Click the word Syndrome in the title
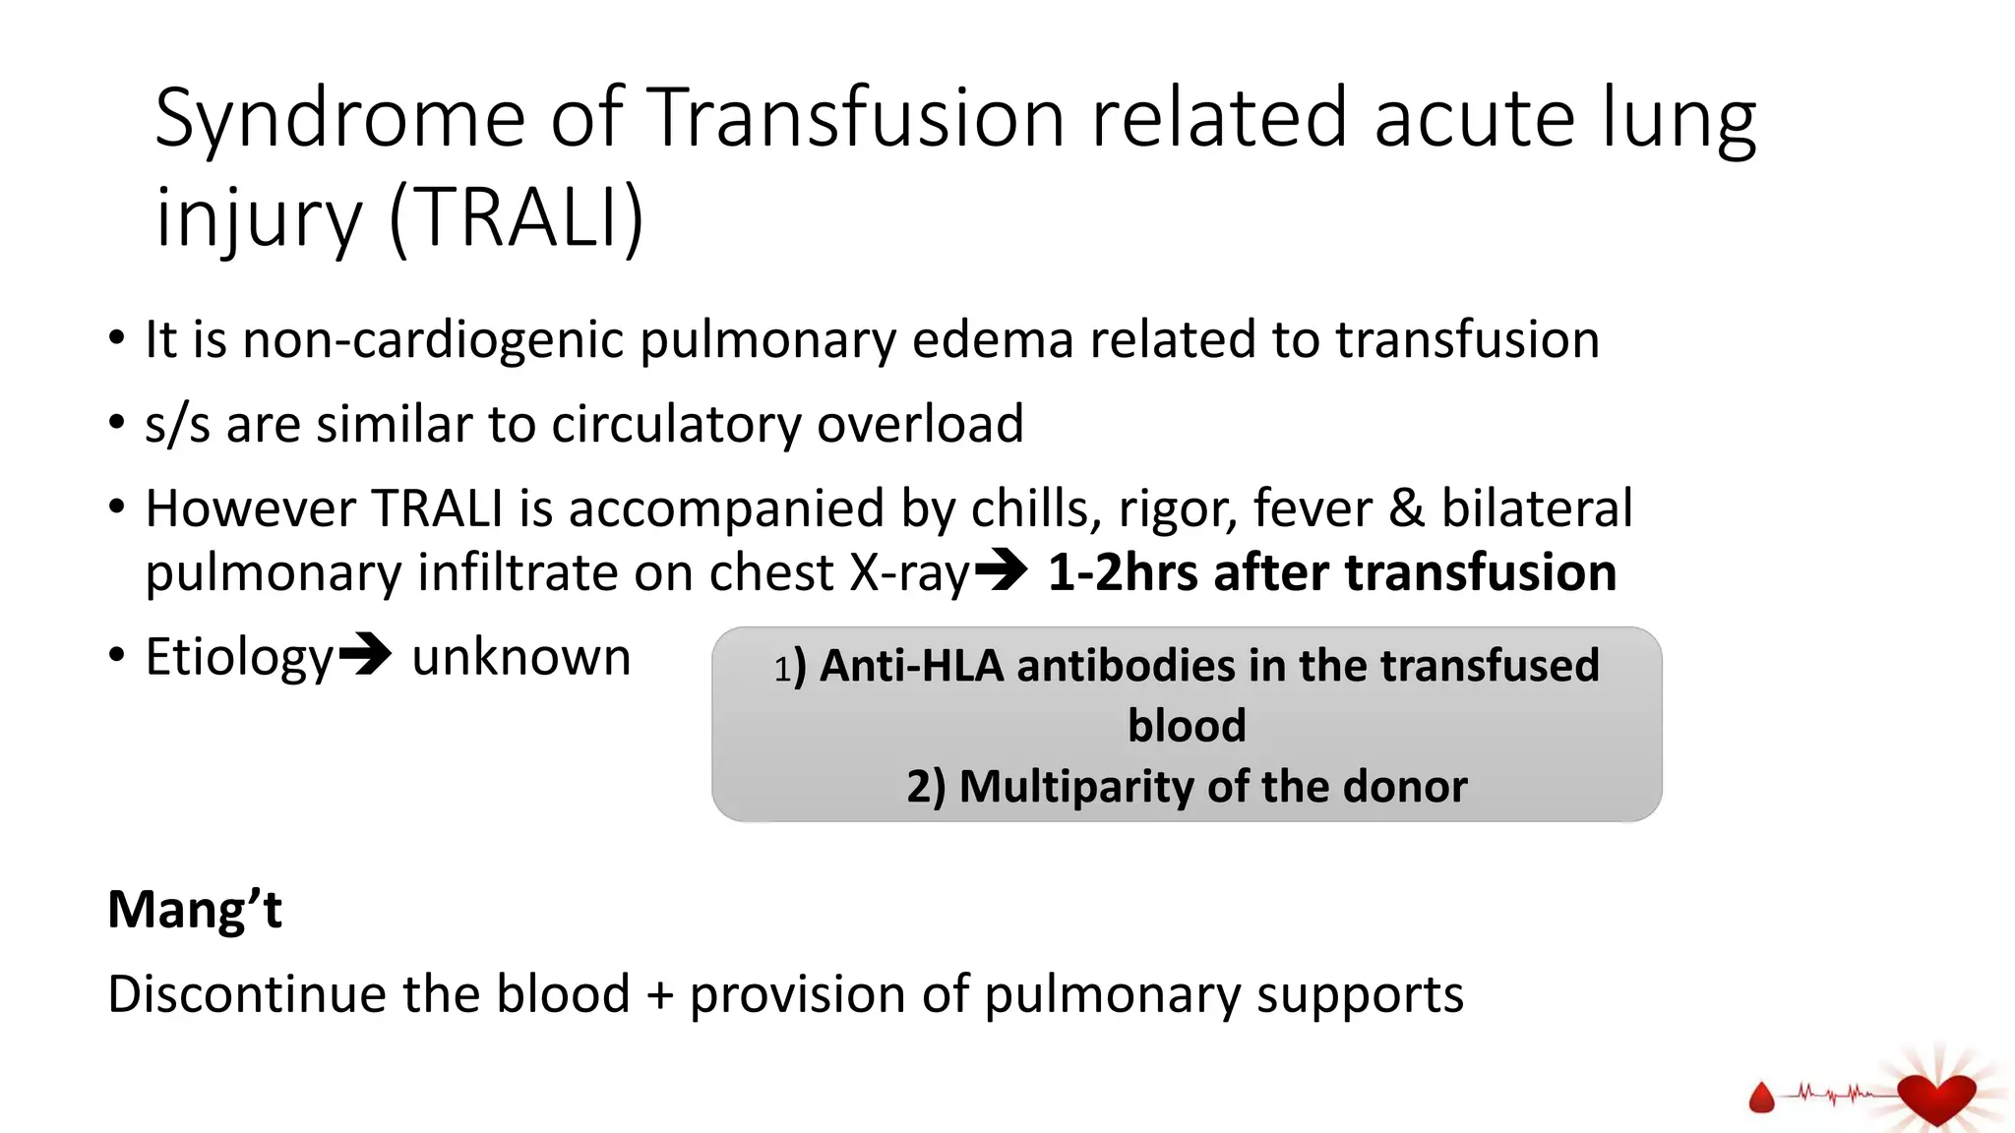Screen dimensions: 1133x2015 click(x=339, y=120)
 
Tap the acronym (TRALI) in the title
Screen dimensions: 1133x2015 click(x=517, y=218)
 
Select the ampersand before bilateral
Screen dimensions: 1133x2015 click(x=1406, y=509)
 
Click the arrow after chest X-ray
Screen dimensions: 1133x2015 click(x=1003, y=570)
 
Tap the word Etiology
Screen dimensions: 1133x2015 click(x=239, y=657)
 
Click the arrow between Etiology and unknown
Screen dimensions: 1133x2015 click(x=365, y=655)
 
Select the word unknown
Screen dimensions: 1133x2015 click(x=520, y=657)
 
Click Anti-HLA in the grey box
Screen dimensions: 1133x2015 click(x=911, y=666)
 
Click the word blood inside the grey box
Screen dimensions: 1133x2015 click(x=1187, y=726)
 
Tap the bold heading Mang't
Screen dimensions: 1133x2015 click(x=195, y=910)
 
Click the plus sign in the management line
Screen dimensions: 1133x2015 click(x=660, y=995)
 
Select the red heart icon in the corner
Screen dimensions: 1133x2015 click(x=1935, y=1097)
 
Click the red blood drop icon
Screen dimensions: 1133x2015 click(x=1761, y=1098)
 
